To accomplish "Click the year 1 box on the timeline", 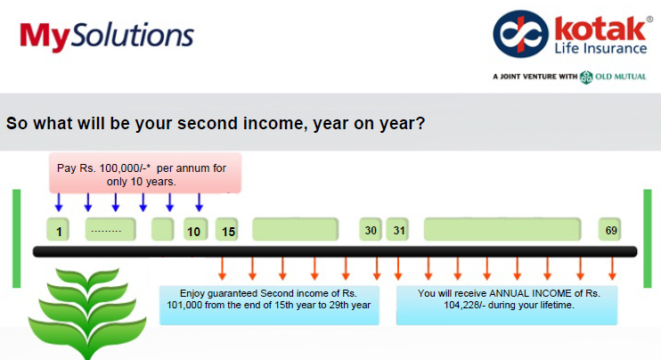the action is coord(58,230).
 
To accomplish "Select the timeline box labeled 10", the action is coord(196,230).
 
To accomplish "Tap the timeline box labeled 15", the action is coord(227,230).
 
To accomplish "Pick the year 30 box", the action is coord(371,229).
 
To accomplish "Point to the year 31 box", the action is coord(397,229).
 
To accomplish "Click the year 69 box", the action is coord(609,229).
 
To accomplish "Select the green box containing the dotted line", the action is coord(110,230).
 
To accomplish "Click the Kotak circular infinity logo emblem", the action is coord(520,34).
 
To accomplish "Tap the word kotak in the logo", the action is coord(600,29).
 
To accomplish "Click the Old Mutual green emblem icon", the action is coord(586,78).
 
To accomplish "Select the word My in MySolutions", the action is coord(45,37).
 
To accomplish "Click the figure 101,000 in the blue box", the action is coord(184,305).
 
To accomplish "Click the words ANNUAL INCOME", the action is coord(533,293).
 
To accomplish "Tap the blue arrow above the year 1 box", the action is coord(59,202).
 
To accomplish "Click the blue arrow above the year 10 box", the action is coord(199,202).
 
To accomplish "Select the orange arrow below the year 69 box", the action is coord(612,268).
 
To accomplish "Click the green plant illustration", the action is coord(87,313).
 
